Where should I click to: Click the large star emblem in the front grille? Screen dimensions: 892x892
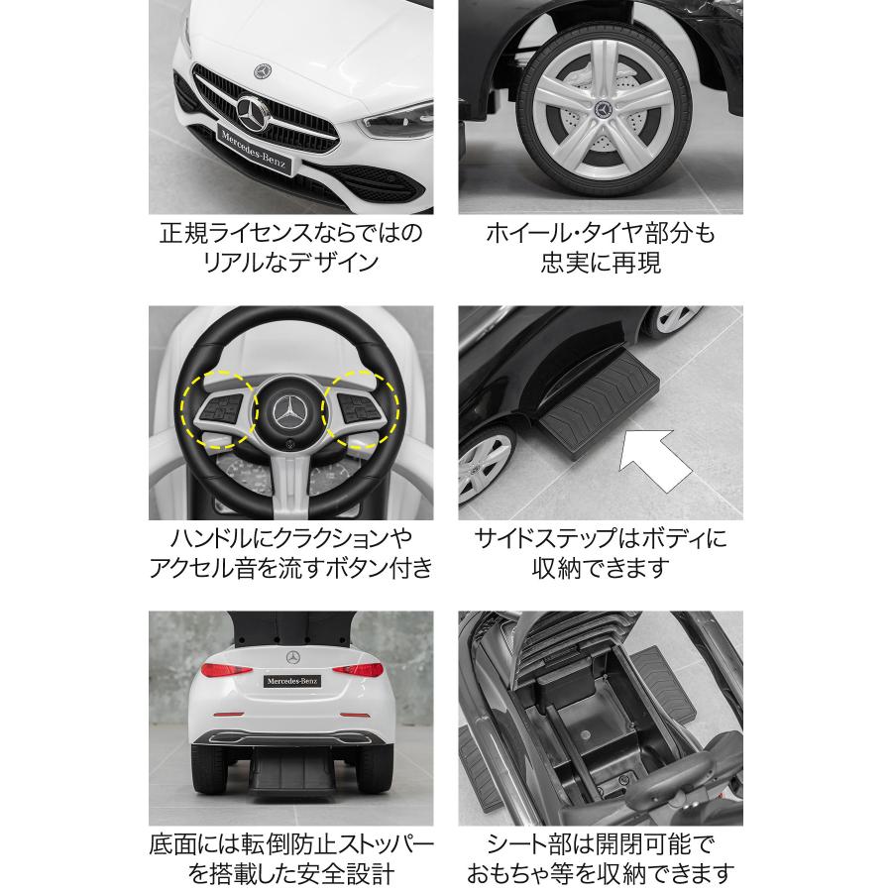pos(255,115)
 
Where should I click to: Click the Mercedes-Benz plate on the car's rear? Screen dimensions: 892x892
pos(290,681)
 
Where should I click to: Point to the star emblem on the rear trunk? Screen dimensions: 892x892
pos(292,657)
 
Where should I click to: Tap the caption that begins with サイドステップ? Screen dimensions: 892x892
pos(600,553)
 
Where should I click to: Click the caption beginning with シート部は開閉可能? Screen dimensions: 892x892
pos(600,858)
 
